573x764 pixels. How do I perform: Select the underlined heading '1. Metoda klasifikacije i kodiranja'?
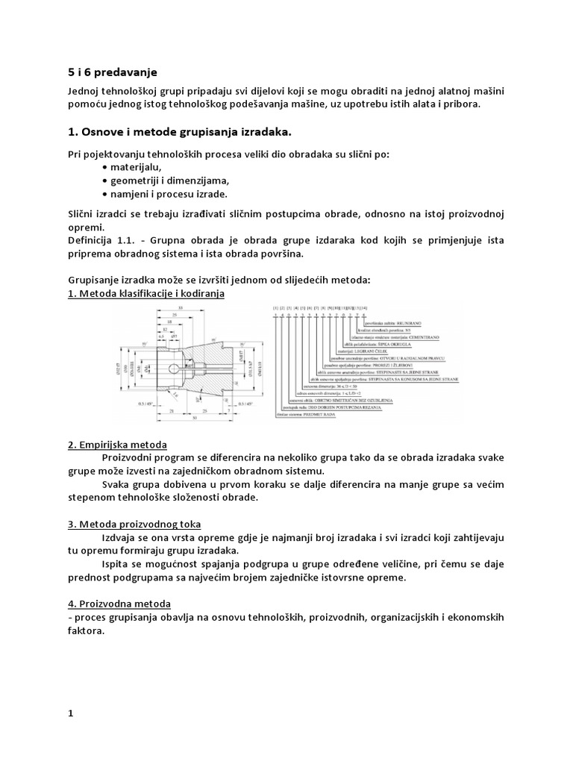(145, 293)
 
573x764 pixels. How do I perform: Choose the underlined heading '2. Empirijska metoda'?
(117, 445)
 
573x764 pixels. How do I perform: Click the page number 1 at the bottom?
(71, 714)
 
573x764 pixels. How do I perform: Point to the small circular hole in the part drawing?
(174, 369)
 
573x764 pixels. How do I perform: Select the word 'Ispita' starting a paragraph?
(113, 564)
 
